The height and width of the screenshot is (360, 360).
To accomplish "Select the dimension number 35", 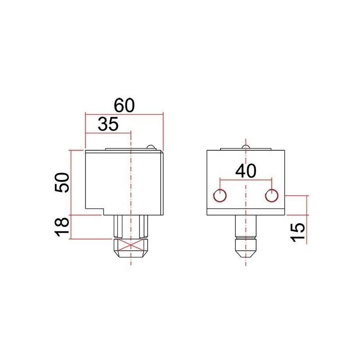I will click(x=108, y=124).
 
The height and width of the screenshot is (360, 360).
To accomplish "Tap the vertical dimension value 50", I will click(x=62, y=182).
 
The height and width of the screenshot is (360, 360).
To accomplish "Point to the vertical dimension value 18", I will click(x=62, y=227).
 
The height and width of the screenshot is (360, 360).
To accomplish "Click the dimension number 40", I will click(x=245, y=171).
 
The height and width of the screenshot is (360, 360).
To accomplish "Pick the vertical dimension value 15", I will click(x=298, y=232).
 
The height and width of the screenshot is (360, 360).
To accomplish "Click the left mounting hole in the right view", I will click(x=220, y=195).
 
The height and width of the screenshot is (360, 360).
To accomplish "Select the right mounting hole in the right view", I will click(x=271, y=195).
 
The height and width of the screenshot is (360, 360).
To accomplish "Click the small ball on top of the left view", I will click(x=151, y=147).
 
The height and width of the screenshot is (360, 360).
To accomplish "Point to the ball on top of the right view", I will click(x=245, y=147).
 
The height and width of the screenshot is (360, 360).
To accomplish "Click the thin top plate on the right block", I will click(x=245, y=149).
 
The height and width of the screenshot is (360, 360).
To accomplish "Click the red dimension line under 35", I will click(x=108, y=133).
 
